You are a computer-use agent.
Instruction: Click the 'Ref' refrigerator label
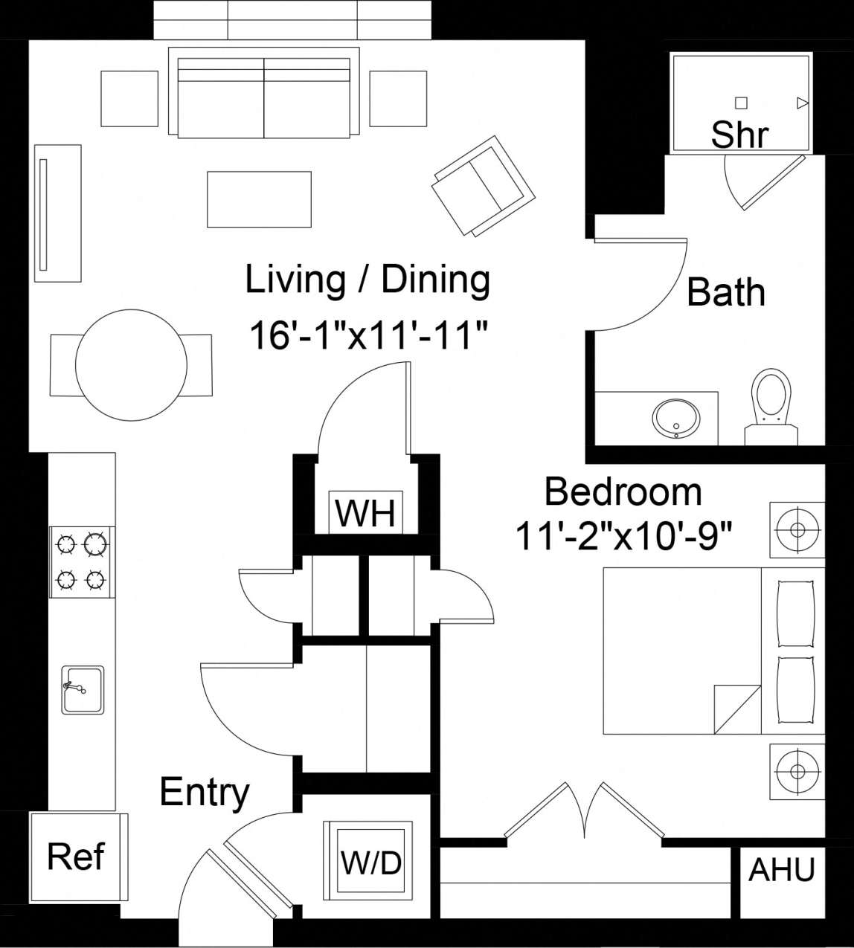[76, 857]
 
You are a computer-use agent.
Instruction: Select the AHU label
[781, 869]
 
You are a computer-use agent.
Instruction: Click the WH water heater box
[366, 512]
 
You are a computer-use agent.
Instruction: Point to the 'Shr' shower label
[739, 135]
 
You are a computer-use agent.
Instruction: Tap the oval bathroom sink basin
[675, 417]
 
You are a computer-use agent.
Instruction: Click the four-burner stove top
[82, 561]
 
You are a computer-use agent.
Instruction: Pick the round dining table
[131, 364]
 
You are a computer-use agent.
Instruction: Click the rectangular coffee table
[259, 199]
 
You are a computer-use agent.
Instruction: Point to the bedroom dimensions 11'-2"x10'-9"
[624, 535]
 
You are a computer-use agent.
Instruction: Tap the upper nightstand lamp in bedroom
[797, 529]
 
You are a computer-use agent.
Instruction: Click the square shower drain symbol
[741, 103]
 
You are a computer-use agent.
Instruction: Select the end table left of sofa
[129, 98]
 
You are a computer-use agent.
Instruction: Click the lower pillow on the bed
[796, 689]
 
